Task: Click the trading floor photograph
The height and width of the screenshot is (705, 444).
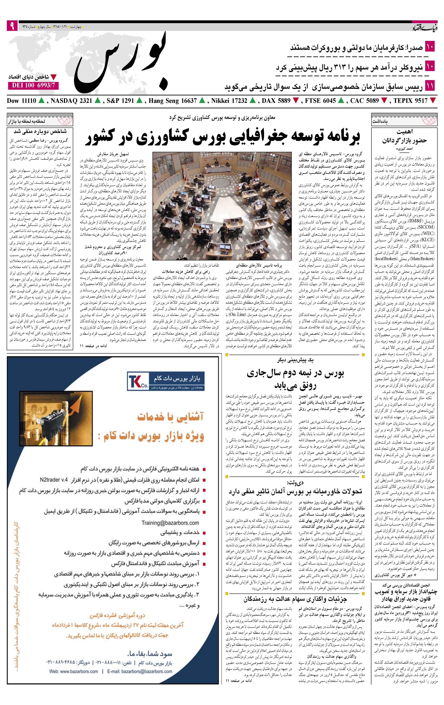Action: [222, 206]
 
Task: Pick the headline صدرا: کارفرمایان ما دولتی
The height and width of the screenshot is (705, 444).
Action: [356, 48]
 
